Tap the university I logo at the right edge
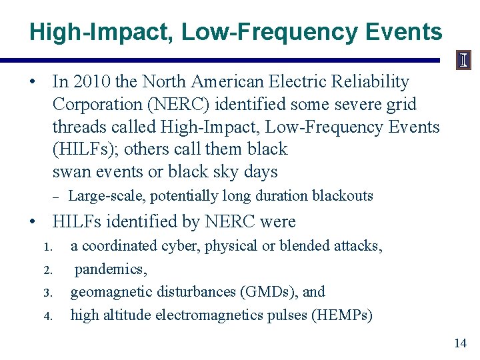(463, 61)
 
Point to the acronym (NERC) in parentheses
(193, 105)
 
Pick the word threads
(78, 127)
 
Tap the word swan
(70, 172)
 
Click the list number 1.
(47, 247)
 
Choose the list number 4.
(47, 315)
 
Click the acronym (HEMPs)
(341, 315)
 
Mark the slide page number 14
(460, 343)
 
